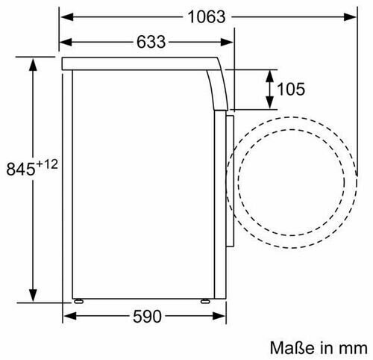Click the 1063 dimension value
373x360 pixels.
pos(207,17)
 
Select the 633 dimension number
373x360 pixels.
pos(151,42)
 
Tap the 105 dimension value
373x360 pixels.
pos(291,89)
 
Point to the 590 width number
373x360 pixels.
pos(147,317)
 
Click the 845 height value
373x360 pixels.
pos(21,169)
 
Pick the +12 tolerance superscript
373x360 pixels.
pos(47,164)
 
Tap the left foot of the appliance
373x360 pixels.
pos(78,301)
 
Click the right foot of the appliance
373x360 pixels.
pos(205,301)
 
